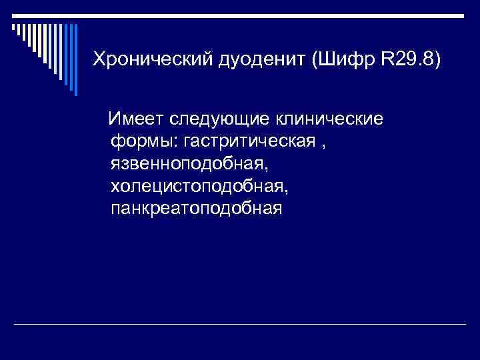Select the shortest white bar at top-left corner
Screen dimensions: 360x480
click(x=13, y=27)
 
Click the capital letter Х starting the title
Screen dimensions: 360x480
click(x=98, y=59)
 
